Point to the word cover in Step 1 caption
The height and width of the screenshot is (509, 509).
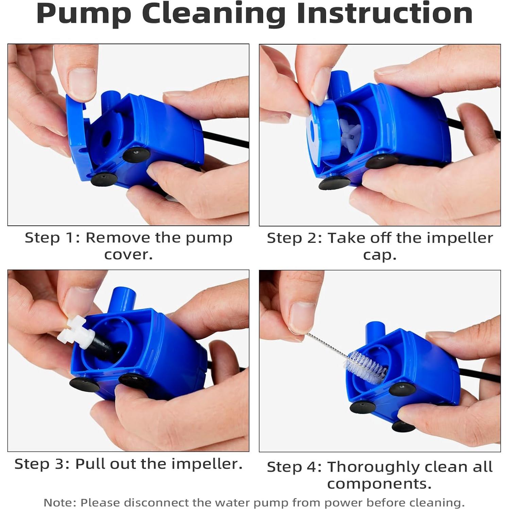pos(128,254)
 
